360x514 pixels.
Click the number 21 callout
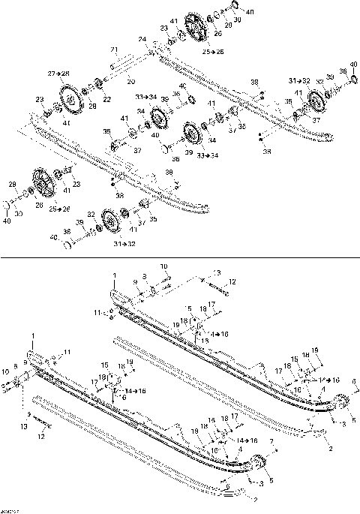(x=114, y=49)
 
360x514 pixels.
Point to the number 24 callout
(x=142, y=39)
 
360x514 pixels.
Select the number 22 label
(x=106, y=99)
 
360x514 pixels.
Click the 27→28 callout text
(x=58, y=74)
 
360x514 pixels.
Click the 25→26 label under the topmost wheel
(x=212, y=53)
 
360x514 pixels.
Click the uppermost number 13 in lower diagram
(x=216, y=272)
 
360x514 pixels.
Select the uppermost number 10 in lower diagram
(x=164, y=266)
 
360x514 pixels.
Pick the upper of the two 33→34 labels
(x=146, y=96)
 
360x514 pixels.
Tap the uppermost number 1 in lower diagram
(x=114, y=275)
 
